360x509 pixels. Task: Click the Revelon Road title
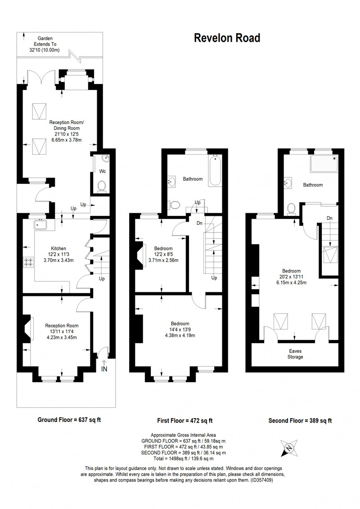click(x=227, y=38)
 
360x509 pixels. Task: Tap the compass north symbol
click(x=288, y=448)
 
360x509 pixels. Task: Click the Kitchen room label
click(x=58, y=249)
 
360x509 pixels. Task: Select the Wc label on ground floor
click(x=102, y=171)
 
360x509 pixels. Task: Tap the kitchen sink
click(x=40, y=224)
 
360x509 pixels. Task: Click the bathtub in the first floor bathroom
click(x=215, y=171)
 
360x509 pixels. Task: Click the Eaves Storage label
click(x=295, y=354)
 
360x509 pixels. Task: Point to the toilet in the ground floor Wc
click(x=102, y=186)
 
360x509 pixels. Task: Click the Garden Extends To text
click(x=45, y=41)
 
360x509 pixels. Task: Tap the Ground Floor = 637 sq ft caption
click(x=69, y=420)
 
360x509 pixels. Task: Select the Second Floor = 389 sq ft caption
click(x=300, y=421)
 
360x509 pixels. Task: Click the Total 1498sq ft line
click(x=183, y=459)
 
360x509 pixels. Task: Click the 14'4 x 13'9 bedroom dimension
click(x=180, y=330)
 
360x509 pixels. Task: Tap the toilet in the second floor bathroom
click(x=291, y=209)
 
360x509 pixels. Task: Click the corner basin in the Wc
click(x=106, y=158)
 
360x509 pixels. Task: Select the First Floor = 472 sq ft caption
click(x=185, y=421)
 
